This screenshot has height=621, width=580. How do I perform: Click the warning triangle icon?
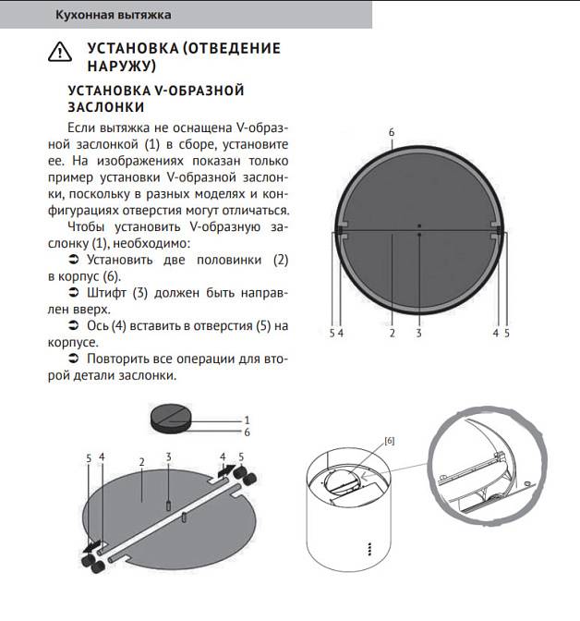tap(59, 53)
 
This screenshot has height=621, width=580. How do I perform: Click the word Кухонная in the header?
tap(86, 15)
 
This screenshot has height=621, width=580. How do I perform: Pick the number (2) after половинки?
tap(281, 260)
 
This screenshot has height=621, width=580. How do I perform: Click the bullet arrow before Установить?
tap(74, 261)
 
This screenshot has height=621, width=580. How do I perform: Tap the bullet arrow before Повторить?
tap(74, 359)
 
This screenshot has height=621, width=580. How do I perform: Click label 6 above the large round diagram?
tap(392, 133)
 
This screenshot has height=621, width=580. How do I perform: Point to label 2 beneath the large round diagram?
tap(392, 333)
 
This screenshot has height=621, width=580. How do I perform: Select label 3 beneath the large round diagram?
tap(418, 333)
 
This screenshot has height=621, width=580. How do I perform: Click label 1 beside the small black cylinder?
tap(248, 420)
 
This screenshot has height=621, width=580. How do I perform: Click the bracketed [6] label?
tap(389, 442)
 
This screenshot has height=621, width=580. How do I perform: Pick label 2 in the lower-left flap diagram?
tap(141, 460)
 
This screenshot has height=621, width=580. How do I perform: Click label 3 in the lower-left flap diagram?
tap(169, 457)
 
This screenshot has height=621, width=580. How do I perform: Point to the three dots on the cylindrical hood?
tap(369, 550)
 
